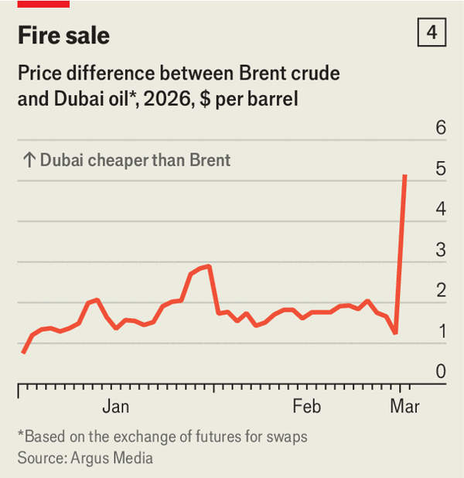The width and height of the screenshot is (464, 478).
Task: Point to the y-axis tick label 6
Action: (x=441, y=128)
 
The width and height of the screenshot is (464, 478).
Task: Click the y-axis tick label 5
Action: (x=441, y=169)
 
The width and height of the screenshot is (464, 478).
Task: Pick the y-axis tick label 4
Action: (x=441, y=210)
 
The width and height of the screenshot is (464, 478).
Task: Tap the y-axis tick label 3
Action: (x=441, y=251)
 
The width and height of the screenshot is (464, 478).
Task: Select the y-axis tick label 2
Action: (x=441, y=291)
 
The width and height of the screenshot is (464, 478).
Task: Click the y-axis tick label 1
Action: (x=441, y=332)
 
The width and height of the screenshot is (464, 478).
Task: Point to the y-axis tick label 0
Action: (x=441, y=372)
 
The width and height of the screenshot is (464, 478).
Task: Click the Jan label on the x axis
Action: (x=115, y=406)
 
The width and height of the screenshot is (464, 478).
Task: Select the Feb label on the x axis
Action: (x=306, y=406)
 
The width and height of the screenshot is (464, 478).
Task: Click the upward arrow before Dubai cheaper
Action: (x=29, y=160)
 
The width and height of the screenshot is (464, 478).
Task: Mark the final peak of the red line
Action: (x=405, y=176)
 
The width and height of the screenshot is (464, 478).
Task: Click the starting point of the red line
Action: (x=23, y=353)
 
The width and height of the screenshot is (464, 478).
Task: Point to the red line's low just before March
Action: (x=395, y=333)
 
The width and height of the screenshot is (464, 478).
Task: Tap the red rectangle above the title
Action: (x=43, y=3)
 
